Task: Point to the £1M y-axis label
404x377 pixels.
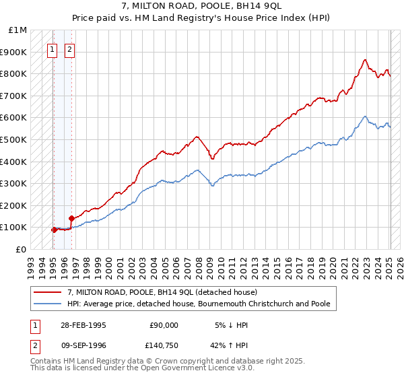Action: (x=18, y=30)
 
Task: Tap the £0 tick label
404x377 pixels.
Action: (x=22, y=249)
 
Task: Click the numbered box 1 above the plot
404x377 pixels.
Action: (x=52, y=48)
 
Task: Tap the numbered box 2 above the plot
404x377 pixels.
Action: (x=69, y=48)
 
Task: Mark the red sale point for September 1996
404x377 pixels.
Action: (x=71, y=218)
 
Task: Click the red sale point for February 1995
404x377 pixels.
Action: (x=55, y=230)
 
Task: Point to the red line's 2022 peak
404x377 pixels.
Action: (x=364, y=59)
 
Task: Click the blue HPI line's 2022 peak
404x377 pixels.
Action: (x=364, y=116)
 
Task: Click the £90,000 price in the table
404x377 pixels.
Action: (x=164, y=324)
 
